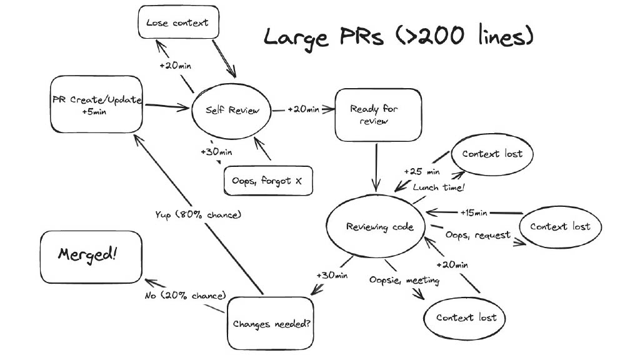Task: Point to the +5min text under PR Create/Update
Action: (94, 111)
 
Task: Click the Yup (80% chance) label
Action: (198, 215)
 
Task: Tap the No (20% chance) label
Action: (185, 296)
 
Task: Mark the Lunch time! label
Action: (439, 187)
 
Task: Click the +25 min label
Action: (422, 171)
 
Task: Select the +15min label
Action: (474, 212)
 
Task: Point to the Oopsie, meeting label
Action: (404, 281)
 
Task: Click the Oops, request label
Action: (478, 235)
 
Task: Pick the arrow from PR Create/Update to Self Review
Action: (167, 107)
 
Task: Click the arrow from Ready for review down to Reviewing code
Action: (376, 167)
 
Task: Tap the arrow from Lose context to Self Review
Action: (224, 58)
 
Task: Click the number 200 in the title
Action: (441, 36)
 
